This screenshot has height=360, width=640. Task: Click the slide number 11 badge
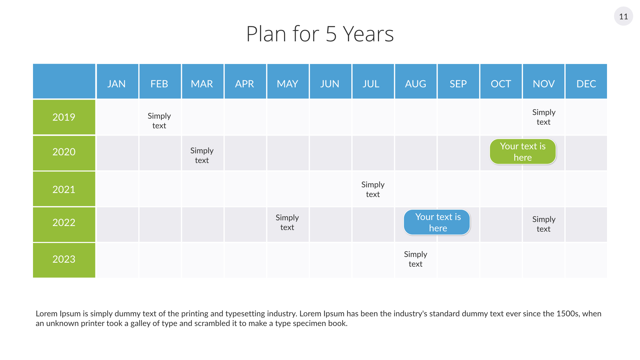[623, 16]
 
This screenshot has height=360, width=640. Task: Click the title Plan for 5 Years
[320, 34]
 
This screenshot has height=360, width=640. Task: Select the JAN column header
[117, 81]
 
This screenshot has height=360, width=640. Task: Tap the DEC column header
[586, 81]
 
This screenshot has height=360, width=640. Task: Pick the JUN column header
[330, 81]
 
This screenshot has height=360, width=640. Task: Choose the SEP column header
[458, 81]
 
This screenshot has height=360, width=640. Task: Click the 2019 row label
[64, 117]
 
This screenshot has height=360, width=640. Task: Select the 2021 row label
[64, 189]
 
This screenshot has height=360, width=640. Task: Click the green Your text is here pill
[523, 152]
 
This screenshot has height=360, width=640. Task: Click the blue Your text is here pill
[437, 222]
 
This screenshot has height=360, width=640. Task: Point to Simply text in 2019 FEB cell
[159, 121]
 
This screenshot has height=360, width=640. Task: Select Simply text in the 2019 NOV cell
[544, 117]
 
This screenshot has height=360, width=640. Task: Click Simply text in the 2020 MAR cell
[202, 155]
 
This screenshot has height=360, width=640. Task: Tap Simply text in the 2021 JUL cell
[373, 189]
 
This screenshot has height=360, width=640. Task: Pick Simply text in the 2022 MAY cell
[287, 222]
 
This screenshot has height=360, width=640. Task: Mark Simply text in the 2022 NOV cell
[544, 224]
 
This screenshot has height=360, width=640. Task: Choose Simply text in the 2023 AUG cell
[416, 259]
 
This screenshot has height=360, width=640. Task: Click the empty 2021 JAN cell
[117, 189]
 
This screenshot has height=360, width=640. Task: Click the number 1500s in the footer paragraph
[568, 314]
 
